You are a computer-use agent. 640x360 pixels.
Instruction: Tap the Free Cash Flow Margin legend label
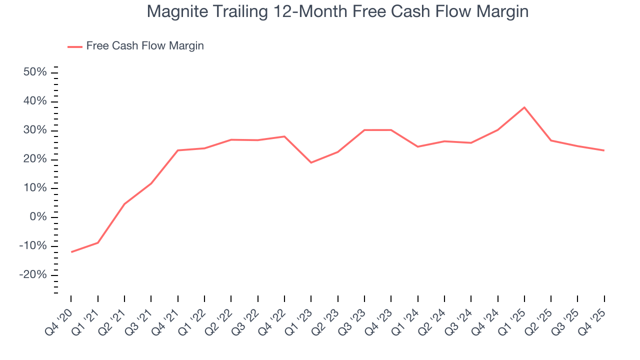tap(145, 46)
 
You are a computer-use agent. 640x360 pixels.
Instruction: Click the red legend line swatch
tap(75, 46)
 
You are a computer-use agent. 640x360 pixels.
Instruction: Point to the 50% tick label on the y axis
tap(35, 72)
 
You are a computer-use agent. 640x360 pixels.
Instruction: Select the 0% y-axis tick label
tap(38, 217)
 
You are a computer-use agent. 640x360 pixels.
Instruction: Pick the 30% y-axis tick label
tap(35, 130)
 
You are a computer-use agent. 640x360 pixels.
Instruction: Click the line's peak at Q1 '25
tap(524, 107)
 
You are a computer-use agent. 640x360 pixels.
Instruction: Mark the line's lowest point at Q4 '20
tap(71, 252)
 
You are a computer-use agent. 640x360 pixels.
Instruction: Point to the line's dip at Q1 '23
tap(311, 162)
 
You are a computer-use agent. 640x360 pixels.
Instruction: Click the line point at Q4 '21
tap(178, 150)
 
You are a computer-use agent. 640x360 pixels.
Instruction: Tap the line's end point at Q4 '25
tap(604, 150)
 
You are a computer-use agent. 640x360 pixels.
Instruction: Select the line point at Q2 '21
tap(124, 203)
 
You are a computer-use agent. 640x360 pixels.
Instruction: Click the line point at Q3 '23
tap(364, 130)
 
